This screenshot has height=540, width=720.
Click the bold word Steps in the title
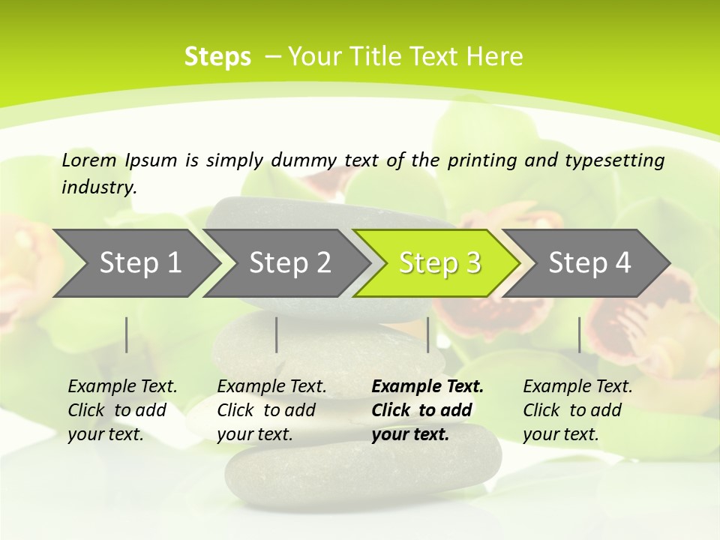217,57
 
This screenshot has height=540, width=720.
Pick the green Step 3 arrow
439,263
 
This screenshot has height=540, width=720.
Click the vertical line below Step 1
127,334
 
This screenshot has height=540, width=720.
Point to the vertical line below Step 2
277,334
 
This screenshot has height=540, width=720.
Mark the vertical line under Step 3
427,334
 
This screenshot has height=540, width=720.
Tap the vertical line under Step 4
579,334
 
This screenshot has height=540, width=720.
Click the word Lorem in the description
89,160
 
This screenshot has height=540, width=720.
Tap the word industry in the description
99,187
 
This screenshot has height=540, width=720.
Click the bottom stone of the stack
364,465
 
